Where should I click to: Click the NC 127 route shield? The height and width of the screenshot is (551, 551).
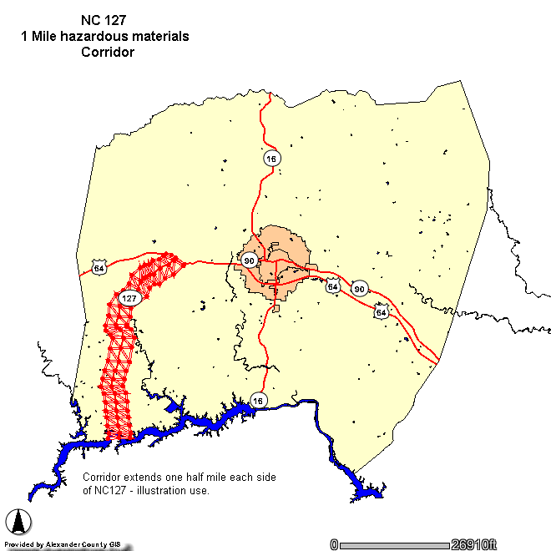click(129, 298)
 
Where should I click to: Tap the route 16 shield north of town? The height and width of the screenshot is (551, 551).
click(270, 158)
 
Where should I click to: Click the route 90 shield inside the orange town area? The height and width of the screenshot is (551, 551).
click(249, 260)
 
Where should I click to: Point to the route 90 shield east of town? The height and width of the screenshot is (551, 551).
click(360, 289)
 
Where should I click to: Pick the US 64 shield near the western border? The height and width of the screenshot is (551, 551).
click(99, 268)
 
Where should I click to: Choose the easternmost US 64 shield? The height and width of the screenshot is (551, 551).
click(382, 311)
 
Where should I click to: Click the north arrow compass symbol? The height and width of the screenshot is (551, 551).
click(19, 522)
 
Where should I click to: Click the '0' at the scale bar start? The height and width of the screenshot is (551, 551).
click(334, 544)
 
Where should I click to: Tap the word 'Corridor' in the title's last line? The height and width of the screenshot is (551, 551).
click(107, 52)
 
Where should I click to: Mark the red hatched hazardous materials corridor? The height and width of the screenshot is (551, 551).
click(119, 367)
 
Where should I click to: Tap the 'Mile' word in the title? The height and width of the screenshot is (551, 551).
click(50, 37)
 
